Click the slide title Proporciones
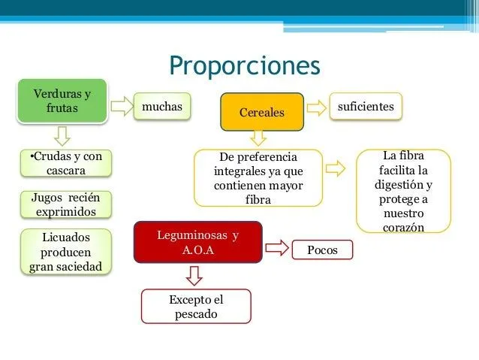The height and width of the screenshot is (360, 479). [x=245, y=65]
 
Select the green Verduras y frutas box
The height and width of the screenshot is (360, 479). [x=62, y=101]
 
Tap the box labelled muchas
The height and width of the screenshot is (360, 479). [x=161, y=107]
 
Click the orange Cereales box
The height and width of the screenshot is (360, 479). [x=261, y=112]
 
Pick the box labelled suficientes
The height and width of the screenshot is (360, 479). [x=366, y=107]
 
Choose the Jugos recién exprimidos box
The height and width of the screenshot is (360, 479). [x=65, y=204]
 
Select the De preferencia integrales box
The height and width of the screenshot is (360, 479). [x=258, y=178]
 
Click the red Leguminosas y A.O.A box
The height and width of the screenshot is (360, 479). [x=197, y=242]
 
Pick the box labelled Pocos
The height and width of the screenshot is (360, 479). [x=322, y=250]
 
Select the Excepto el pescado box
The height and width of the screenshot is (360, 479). [x=196, y=307]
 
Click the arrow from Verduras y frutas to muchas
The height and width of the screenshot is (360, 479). [x=119, y=107]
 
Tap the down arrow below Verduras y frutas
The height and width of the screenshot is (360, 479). [x=62, y=135]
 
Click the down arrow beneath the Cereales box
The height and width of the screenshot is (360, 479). [x=258, y=137]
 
